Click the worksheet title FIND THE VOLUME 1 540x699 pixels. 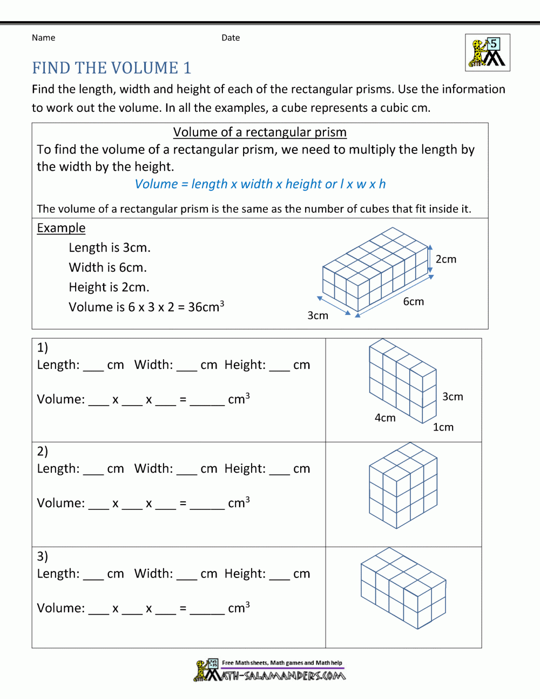pyautogui.click(x=111, y=68)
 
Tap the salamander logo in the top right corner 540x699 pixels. pyautogui.click(x=487, y=52)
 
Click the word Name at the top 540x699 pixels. pyautogui.click(x=43, y=38)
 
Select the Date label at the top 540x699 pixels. pyautogui.click(x=231, y=38)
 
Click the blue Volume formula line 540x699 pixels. pyautogui.click(x=260, y=184)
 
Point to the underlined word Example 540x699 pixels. pyautogui.click(x=61, y=228)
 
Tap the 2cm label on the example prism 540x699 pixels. pyautogui.click(x=446, y=259)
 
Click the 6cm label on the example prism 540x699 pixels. pyautogui.click(x=414, y=301)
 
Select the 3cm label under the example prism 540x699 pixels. pyautogui.click(x=318, y=315)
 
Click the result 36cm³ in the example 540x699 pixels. pyautogui.click(x=206, y=307)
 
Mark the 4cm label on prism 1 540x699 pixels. pyautogui.click(x=385, y=418)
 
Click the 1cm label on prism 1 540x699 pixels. pyautogui.click(x=443, y=427)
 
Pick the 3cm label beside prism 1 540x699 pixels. pyautogui.click(x=453, y=396)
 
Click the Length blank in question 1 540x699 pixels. pyautogui.click(x=93, y=366)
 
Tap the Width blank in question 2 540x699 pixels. pyautogui.click(x=187, y=470)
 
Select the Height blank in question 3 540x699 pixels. pyautogui.click(x=280, y=575)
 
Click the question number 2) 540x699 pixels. pyautogui.click(x=43, y=451)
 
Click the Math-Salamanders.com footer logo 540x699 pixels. pyautogui.click(x=270, y=670)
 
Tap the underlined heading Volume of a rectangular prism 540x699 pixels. pyautogui.click(x=260, y=132)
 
